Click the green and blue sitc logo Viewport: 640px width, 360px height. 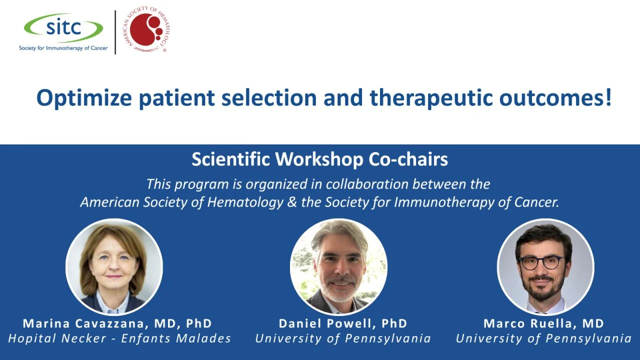[63, 27]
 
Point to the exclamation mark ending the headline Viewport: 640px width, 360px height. [608, 97]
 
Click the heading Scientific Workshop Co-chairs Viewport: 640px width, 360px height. [319, 159]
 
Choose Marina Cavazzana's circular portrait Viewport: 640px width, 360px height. [114, 267]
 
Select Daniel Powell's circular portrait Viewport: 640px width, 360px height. [338, 267]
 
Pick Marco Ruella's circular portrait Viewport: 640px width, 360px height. [545, 267]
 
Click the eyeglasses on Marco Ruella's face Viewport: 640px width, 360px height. [542, 262]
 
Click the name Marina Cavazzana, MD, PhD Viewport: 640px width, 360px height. [117, 323]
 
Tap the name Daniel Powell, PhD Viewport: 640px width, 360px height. [343, 323]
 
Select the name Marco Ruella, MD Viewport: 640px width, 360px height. [543, 323]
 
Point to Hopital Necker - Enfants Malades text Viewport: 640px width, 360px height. [119, 338]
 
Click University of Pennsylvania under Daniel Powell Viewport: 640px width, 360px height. [343, 338]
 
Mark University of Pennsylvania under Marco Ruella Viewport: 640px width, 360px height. [543, 338]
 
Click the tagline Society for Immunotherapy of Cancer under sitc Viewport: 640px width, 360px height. [63, 48]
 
